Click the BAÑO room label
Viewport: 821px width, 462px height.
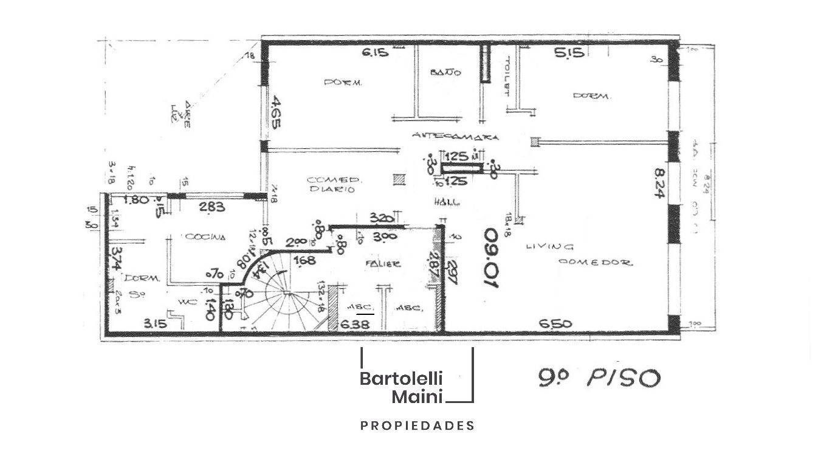pyautogui.click(x=445, y=72)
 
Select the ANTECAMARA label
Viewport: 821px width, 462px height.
pyautogui.click(x=455, y=137)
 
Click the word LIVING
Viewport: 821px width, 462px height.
pyautogui.click(x=549, y=247)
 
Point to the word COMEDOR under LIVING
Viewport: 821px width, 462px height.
pyautogui.click(x=596, y=263)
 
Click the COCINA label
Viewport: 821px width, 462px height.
pyautogui.click(x=205, y=237)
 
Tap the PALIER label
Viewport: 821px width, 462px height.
pyautogui.click(x=383, y=264)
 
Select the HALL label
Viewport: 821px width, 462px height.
pyautogui.click(x=447, y=202)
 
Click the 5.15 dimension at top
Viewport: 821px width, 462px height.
pyautogui.click(x=569, y=53)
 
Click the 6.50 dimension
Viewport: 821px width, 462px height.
pyautogui.click(x=555, y=324)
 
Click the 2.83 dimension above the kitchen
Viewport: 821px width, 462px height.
pyautogui.click(x=213, y=207)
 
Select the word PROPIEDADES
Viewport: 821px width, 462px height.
pyautogui.click(x=417, y=426)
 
